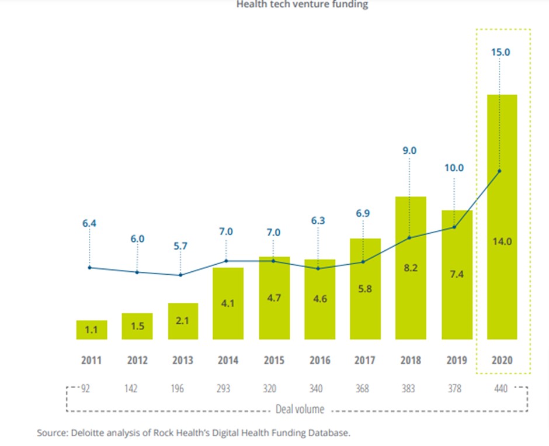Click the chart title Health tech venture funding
click(x=302, y=5)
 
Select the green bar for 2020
click(x=502, y=216)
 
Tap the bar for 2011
click(x=92, y=330)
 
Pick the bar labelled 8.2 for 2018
click(x=411, y=268)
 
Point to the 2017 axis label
click(x=365, y=361)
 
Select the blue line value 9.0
click(x=411, y=150)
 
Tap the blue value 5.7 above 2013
click(x=180, y=246)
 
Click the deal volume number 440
click(x=502, y=389)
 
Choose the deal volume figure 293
click(x=225, y=389)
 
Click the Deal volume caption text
click(x=300, y=409)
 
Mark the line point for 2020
click(x=499, y=171)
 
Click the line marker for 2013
click(x=180, y=275)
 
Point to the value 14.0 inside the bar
click(x=502, y=241)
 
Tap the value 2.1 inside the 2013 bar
click(x=183, y=320)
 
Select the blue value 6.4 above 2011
click(x=89, y=223)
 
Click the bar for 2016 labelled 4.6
click(x=319, y=299)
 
